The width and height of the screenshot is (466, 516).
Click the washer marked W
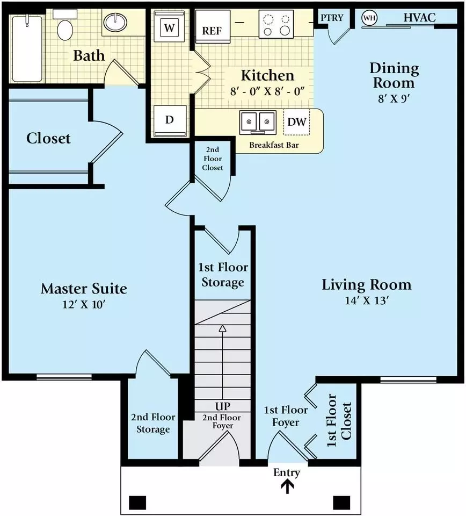[x=169, y=26]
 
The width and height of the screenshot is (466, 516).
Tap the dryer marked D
[x=170, y=120]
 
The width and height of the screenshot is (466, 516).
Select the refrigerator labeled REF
[x=213, y=26]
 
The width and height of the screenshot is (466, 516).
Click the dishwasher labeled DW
[x=296, y=122]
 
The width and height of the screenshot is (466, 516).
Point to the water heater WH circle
[x=369, y=18]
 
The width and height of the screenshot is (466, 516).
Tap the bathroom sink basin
[x=115, y=22]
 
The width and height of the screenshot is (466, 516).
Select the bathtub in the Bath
[x=27, y=49]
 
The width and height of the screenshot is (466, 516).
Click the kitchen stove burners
[x=276, y=24]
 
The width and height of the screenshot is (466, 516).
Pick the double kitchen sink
[x=258, y=123]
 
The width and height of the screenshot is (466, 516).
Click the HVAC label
[x=420, y=17]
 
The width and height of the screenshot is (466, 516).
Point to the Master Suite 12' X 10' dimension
[x=84, y=304]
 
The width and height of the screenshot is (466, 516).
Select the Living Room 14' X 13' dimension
[x=367, y=300]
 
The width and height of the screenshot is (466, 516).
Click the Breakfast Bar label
[x=274, y=145]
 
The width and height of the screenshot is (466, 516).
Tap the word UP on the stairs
[x=223, y=406]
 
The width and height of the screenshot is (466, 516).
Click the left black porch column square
[x=137, y=503]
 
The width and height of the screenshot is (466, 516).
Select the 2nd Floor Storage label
[x=153, y=423]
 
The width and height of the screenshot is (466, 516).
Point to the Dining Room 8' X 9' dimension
[x=394, y=98]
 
